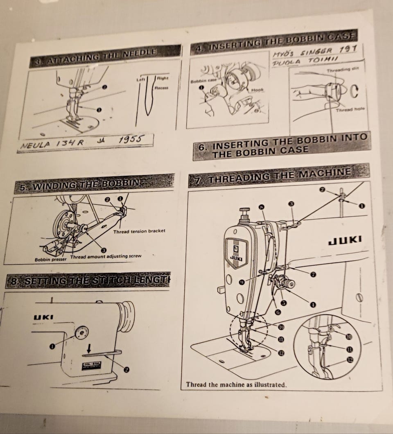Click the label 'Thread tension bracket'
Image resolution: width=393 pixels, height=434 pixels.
coord(139,231)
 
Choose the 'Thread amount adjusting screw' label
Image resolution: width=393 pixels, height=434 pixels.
coord(106,256)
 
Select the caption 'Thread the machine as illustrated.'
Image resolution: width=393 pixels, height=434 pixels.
coord(236,385)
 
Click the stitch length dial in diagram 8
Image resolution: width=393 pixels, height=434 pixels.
coord(82,331)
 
